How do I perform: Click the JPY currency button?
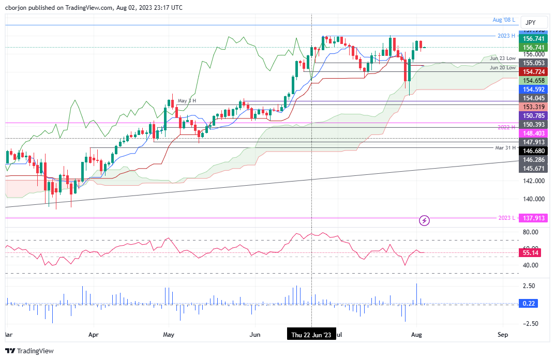point(530,23)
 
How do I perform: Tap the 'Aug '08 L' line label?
point(504,20)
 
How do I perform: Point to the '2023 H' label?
point(505,36)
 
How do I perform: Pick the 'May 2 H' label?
point(187,101)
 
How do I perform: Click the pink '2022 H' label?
point(505,127)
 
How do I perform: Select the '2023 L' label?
point(506,218)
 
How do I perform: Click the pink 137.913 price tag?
point(533,218)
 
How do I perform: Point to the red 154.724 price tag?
point(533,71)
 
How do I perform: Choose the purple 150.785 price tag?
point(533,116)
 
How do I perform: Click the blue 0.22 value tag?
point(529,304)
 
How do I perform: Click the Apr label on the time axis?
point(94,335)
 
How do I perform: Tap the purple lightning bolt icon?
point(425,221)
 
